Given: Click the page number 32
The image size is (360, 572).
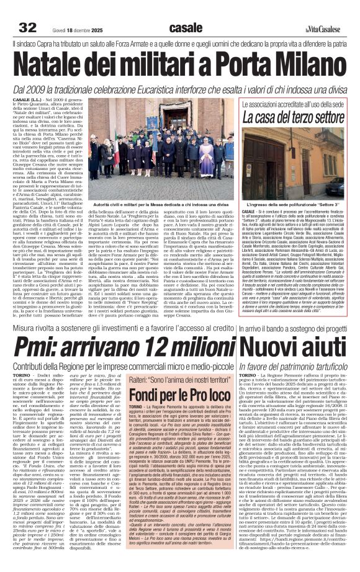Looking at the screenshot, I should coord(28,27).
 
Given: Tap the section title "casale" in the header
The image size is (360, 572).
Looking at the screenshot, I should coord(185,27).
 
